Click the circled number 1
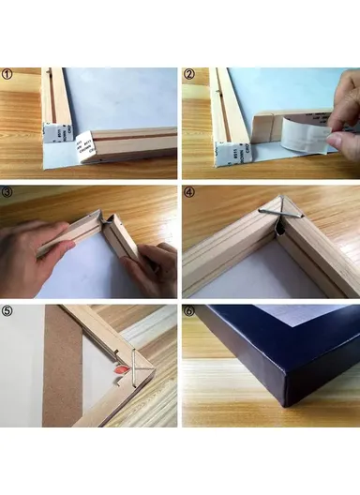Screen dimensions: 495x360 click(x=7, y=75)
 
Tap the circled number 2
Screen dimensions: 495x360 click(x=189, y=75)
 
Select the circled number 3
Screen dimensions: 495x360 click(x=7, y=191)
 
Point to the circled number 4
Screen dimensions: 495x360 click(x=189, y=192)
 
